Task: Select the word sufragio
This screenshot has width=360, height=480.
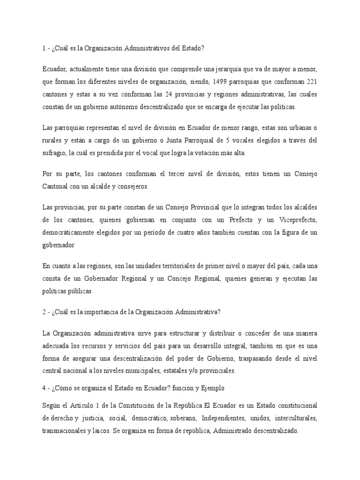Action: coord(55,153)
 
